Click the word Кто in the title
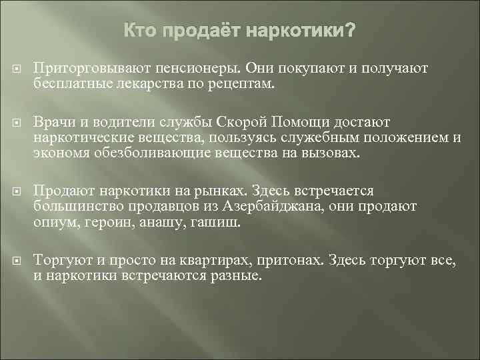pos(140,31)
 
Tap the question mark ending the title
pos(350,31)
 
